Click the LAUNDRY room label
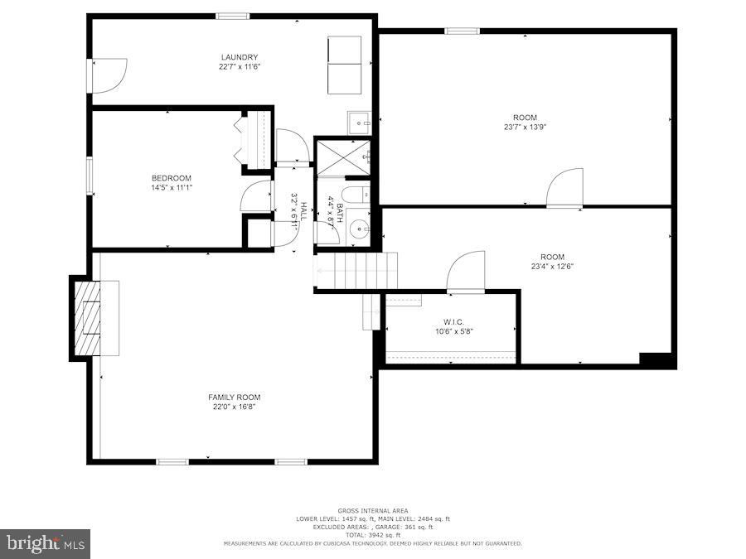(233, 57)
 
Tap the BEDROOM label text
(172, 178)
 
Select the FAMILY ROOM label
(234, 398)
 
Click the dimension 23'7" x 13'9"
(525, 127)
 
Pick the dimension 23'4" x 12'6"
(552, 266)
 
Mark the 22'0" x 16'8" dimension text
(234, 407)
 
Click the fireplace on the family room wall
(87, 319)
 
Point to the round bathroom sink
(359, 229)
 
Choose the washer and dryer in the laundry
(344, 65)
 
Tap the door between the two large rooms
(565, 189)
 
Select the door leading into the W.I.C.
(466, 272)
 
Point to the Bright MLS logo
(46, 544)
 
